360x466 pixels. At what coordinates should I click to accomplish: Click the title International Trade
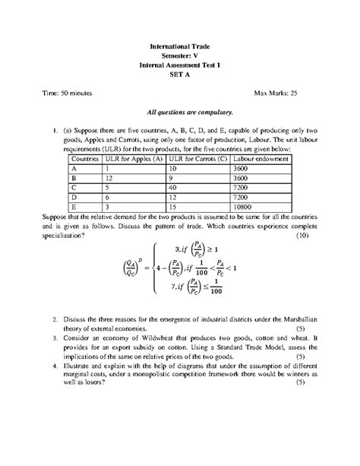coord(179,46)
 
